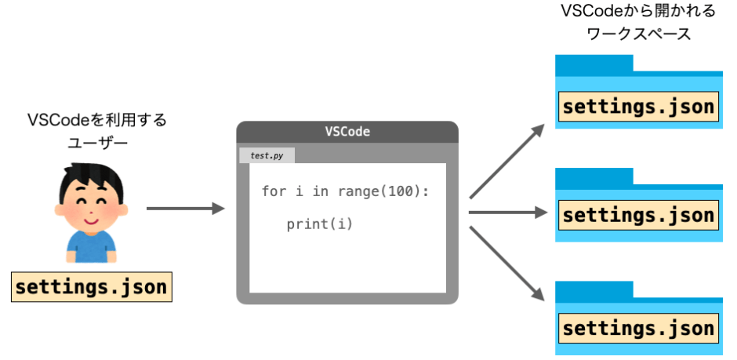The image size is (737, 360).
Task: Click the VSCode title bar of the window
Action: click(x=347, y=132)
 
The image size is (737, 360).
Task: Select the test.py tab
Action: click(x=267, y=155)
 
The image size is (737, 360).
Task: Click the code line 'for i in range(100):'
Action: click(x=345, y=191)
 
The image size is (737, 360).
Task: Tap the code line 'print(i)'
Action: click(x=320, y=224)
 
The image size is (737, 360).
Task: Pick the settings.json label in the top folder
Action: click(x=638, y=107)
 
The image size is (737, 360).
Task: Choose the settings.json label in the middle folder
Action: click(x=638, y=215)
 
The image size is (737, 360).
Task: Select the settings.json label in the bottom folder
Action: click(x=638, y=328)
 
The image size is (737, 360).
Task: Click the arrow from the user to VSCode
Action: click(x=185, y=209)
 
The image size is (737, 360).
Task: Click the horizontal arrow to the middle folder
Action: click(x=506, y=212)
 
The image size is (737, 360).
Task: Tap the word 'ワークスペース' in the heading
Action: click(x=639, y=35)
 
